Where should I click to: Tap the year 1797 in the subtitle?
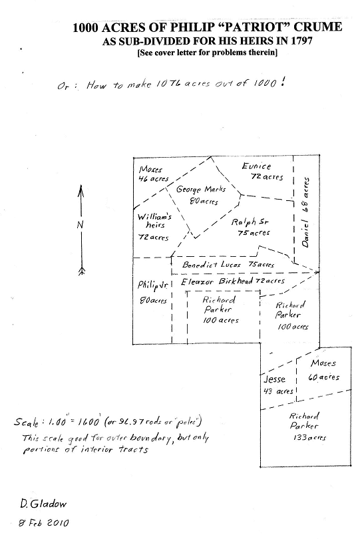coord(301,41)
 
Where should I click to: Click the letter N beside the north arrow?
coord(80,225)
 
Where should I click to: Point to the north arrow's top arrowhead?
coord(81,190)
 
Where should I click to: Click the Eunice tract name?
coord(256,166)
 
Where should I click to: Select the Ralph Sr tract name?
coord(250,222)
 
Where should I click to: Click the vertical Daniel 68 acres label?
coord(305,212)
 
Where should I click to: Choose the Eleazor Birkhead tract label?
coord(217,282)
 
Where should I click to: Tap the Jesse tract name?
coord(274,379)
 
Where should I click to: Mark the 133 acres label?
coord(309,438)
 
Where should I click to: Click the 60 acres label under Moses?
coord(323,377)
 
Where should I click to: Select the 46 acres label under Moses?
coord(153,179)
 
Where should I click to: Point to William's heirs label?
coord(154,221)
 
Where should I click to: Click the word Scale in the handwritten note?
coord(26,422)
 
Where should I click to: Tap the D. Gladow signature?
coord(43,504)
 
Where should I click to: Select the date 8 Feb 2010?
coord(44,523)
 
